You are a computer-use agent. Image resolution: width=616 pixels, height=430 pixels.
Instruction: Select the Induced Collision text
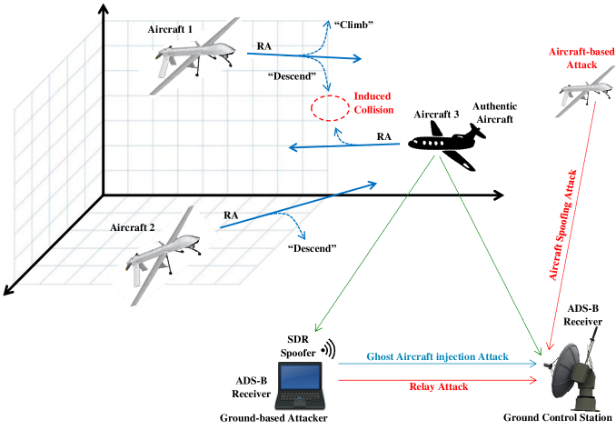(x=373, y=102)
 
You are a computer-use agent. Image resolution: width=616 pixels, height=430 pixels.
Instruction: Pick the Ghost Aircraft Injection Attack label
(x=436, y=355)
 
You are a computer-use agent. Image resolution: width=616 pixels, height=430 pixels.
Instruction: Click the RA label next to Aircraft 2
(x=232, y=215)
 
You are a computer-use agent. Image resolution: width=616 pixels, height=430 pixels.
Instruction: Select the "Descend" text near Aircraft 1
(x=292, y=75)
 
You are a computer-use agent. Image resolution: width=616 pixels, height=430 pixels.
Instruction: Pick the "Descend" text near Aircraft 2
(x=311, y=248)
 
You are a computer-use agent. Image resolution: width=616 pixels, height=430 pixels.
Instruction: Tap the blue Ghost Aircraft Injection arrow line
(x=436, y=364)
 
